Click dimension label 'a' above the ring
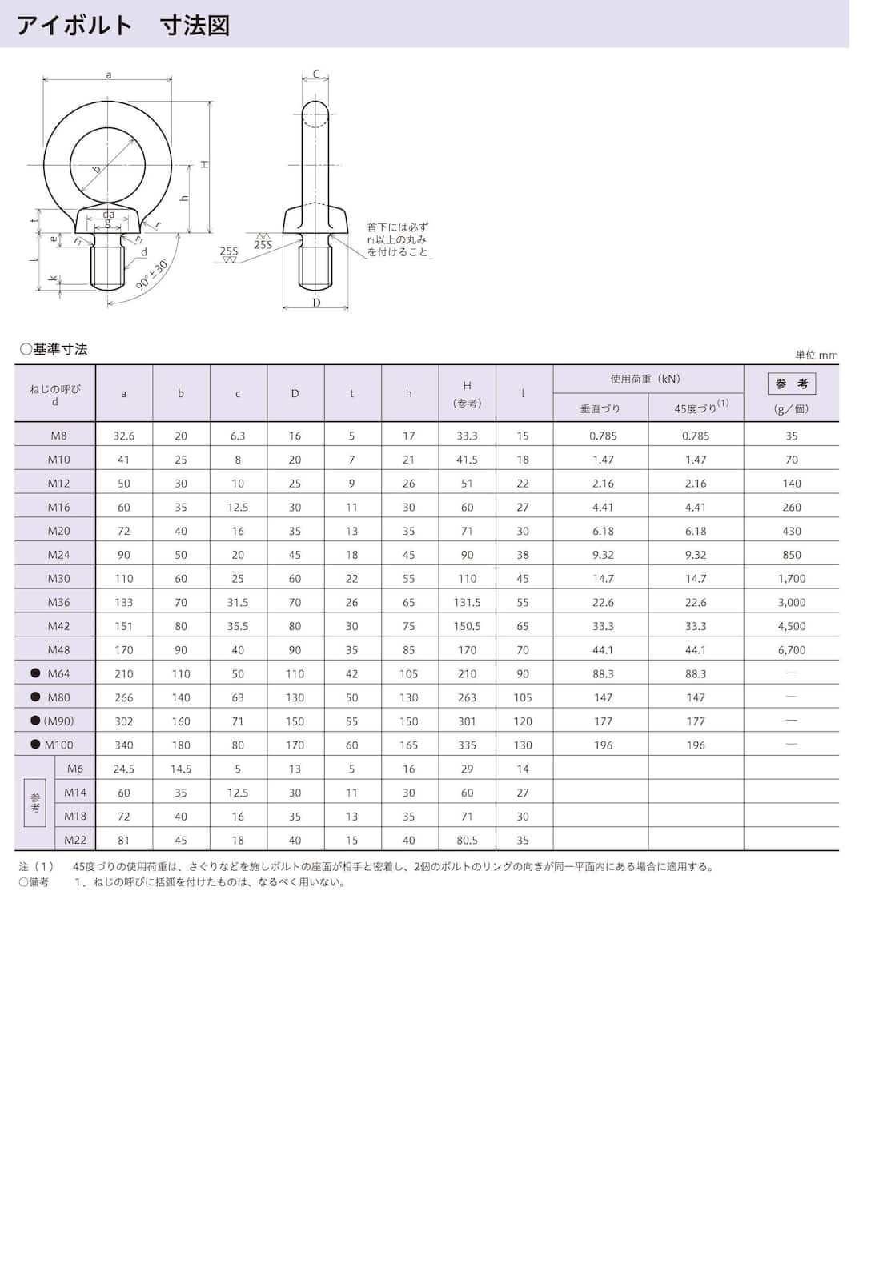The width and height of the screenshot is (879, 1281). point(109,74)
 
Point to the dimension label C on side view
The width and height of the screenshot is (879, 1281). point(316,74)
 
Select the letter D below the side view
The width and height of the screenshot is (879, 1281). point(316,303)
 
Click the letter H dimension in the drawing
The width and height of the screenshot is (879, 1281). point(205,164)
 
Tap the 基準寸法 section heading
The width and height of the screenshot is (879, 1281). point(54,349)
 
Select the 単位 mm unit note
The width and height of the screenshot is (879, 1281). point(816,355)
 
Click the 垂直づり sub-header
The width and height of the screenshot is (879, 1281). point(600,408)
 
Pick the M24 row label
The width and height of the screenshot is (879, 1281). point(58,554)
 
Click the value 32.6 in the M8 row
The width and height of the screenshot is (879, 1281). point(124,436)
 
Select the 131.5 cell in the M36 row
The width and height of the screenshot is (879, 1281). point(467,602)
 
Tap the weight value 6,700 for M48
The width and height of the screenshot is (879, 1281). point(791,649)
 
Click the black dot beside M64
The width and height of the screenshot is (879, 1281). point(35,673)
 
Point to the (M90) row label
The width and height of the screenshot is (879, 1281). point(58,721)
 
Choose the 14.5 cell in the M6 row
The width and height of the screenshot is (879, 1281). point(181,769)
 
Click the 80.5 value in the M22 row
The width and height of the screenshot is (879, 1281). point(467,840)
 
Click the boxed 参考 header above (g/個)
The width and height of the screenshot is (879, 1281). point(791,383)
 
